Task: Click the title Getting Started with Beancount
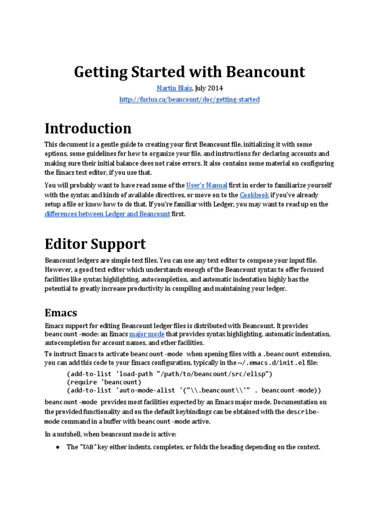pos(189,72)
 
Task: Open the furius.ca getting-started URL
pos(189,99)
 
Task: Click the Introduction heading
pos(88,128)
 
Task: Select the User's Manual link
pos(207,185)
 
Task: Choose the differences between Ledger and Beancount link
pos(107,214)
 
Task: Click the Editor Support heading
pos(95,244)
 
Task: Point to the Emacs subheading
pos(61,313)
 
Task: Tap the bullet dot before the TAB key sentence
pos(57,447)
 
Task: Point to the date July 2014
pos(209,88)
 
